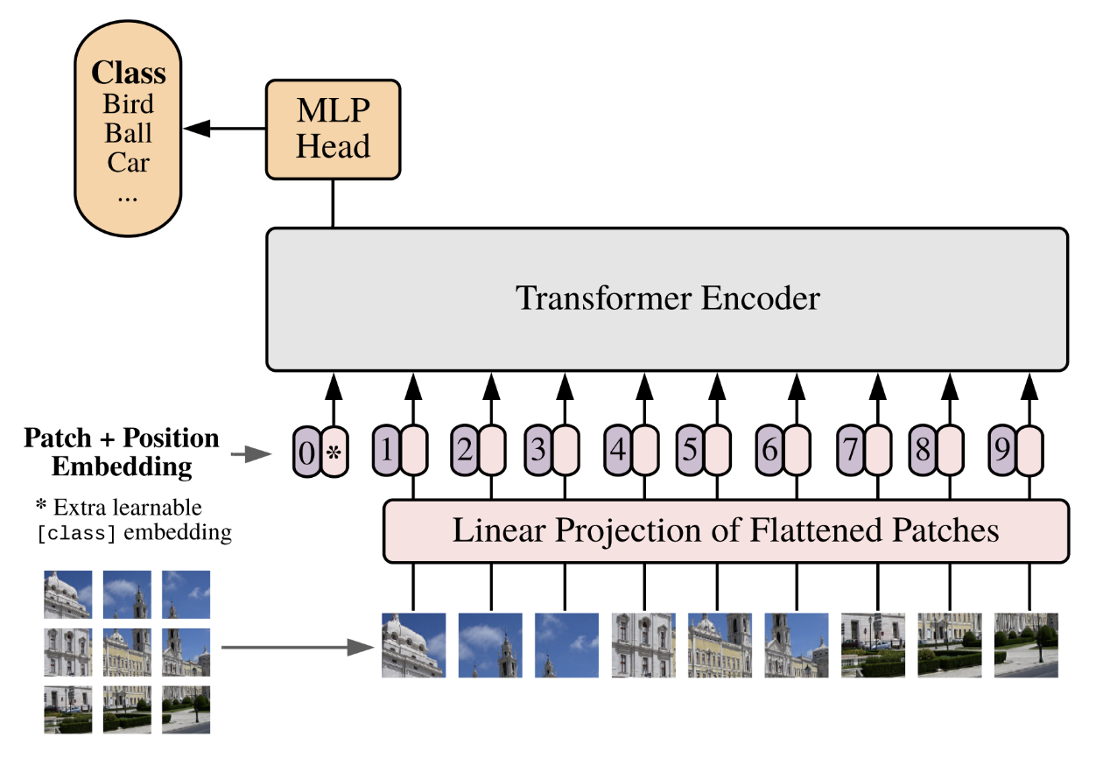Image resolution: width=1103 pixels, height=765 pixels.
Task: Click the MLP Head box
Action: (x=333, y=129)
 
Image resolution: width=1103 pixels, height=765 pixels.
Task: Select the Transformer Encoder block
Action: (x=667, y=298)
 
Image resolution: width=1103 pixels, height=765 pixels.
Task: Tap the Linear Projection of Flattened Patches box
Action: (x=726, y=530)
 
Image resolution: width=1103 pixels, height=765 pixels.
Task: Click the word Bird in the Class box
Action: (x=128, y=104)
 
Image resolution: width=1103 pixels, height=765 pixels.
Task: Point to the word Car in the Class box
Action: (x=128, y=163)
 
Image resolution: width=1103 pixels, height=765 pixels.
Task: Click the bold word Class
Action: (x=129, y=73)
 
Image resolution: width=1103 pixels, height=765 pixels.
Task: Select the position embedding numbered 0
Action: (x=306, y=452)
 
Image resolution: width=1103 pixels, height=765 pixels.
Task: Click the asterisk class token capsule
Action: (x=334, y=452)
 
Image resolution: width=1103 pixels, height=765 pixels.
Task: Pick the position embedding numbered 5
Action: (x=690, y=450)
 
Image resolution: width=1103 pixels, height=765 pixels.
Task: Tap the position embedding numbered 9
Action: (x=1001, y=450)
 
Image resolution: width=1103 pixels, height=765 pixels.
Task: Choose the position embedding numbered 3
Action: (x=538, y=450)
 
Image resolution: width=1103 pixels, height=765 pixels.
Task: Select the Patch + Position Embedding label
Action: (x=122, y=452)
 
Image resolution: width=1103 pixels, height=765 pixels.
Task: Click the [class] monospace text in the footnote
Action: (x=76, y=533)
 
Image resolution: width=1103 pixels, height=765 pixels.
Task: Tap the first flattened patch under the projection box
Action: (x=413, y=645)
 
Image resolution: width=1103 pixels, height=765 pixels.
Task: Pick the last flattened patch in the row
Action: (x=1025, y=645)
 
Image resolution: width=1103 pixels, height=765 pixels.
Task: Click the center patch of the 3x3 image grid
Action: (x=127, y=651)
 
